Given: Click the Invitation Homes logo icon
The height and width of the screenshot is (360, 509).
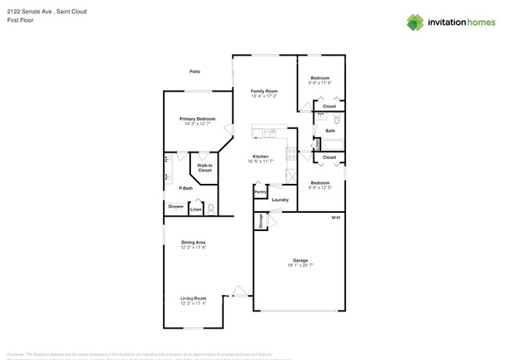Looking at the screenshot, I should (x=414, y=22).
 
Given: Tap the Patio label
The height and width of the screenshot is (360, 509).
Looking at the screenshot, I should (x=194, y=72).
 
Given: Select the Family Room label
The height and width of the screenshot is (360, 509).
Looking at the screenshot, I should (x=264, y=92).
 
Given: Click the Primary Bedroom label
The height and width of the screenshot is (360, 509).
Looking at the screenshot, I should (x=197, y=119).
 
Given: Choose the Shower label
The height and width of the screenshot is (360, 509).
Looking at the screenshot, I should (x=175, y=207).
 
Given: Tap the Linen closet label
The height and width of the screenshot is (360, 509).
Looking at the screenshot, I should (x=197, y=209).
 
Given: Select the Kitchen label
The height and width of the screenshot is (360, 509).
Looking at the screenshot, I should (x=261, y=156).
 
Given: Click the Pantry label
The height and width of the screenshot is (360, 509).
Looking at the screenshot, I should (x=260, y=192).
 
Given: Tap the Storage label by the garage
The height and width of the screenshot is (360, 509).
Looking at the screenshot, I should (x=259, y=221).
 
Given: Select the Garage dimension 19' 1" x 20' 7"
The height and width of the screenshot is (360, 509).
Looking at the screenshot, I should (x=300, y=265).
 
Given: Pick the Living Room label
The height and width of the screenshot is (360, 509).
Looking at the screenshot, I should (x=193, y=298).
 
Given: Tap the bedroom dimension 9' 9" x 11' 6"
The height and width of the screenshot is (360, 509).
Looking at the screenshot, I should (x=320, y=83).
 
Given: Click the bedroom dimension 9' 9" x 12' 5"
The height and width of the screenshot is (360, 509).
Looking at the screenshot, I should (x=320, y=188).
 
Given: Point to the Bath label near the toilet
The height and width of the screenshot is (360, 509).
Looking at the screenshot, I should (x=330, y=131).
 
